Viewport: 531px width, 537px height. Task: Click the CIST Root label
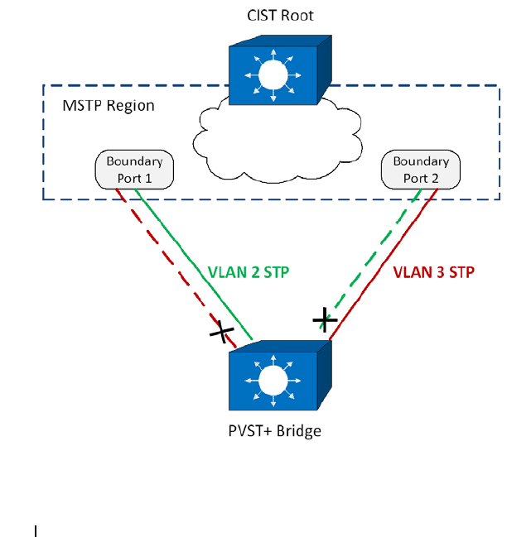280,16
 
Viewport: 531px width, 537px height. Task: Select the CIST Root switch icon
280,70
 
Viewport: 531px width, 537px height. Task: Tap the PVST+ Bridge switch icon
280,376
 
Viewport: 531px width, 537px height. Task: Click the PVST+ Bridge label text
274,431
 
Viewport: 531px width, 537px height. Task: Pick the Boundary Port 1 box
134,170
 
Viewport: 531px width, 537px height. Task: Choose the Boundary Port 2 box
421,170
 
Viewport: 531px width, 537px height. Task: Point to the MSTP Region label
109,106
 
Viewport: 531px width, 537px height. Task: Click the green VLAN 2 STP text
249,272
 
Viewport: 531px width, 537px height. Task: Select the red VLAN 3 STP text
433,272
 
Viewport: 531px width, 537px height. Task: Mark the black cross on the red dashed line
222,332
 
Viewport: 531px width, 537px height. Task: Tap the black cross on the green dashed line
325,320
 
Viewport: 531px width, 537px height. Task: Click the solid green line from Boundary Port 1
194,265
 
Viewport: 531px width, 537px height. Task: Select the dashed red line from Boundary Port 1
176,268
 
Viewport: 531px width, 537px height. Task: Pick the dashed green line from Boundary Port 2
371,259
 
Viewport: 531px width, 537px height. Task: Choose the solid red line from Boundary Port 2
384,264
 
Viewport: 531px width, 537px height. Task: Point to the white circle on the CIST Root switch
273,75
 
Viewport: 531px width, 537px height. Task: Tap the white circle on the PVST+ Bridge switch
273,381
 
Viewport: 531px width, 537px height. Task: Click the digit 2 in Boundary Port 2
434,179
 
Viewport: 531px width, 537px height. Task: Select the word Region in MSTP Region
131,106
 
